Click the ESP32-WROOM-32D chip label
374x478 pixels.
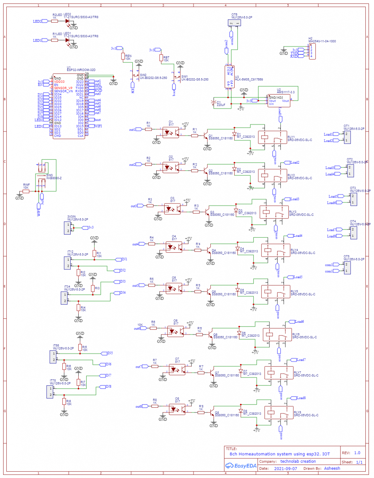(81, 70)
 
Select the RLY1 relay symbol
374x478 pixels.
(272, 138)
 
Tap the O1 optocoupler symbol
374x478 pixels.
(171, 132)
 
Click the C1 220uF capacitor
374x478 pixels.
(214, 103)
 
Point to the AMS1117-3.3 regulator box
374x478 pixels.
(279, 101)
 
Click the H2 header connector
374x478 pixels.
(312, 51)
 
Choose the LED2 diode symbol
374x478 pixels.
(67, 21)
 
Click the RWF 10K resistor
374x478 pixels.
(26, 191)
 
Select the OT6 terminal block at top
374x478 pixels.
(234, 23)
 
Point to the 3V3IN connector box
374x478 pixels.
(67, 227)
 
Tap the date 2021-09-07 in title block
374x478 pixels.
(285, 468)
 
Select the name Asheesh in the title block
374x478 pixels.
(332, 468)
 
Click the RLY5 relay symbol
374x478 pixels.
(276, 292)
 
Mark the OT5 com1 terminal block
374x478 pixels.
(347, 268)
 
